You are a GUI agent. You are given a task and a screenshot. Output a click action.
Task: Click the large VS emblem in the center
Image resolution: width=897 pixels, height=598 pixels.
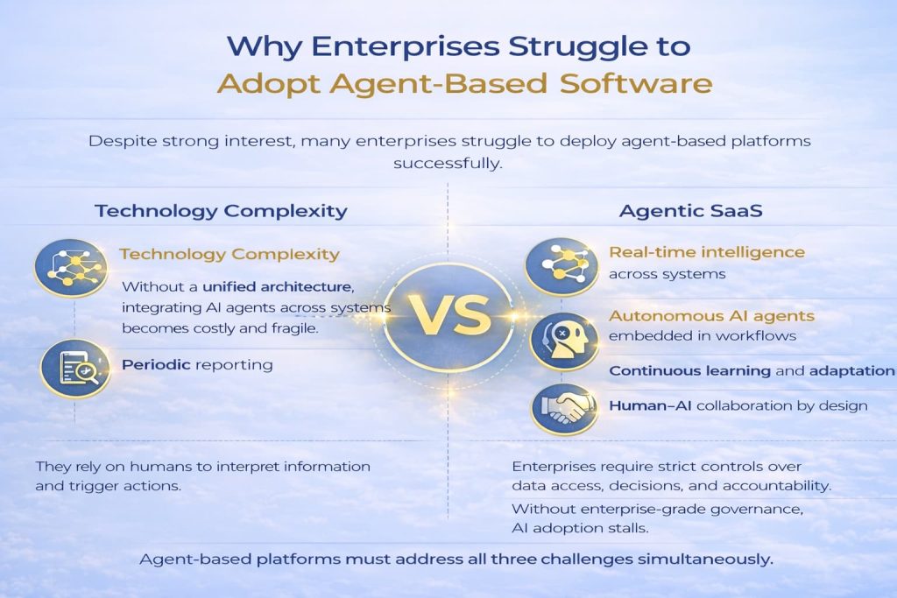coord(449,316)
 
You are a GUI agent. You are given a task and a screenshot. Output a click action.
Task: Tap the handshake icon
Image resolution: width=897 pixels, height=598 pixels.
coord(565,409)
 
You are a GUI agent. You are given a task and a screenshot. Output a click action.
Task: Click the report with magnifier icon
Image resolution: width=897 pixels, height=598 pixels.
coord(75,369)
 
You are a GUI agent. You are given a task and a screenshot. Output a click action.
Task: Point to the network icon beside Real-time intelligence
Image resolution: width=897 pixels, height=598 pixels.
coord(562,266)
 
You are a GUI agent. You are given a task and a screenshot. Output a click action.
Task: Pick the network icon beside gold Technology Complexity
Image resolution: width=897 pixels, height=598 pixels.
coord(71,268)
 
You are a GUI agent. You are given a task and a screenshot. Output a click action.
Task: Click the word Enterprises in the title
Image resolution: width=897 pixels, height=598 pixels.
coord(405,46)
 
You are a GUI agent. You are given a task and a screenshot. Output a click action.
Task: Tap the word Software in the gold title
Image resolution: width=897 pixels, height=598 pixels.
coord(636,83)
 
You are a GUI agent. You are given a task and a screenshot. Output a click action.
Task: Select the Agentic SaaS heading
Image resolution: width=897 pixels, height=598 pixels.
coord(690,211)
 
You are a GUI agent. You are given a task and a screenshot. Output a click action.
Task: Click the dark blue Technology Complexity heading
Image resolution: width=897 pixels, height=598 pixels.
coord(221,211)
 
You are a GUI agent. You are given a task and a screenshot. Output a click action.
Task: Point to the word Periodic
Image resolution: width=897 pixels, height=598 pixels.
coord(156,364)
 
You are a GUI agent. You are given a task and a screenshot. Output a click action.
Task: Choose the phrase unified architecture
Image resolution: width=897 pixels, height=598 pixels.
coord(278,285)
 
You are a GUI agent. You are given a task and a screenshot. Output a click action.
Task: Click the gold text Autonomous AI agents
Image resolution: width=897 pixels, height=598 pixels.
coord(711,315)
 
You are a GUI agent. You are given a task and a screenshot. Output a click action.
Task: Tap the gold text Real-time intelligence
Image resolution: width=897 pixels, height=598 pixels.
coord(707,252)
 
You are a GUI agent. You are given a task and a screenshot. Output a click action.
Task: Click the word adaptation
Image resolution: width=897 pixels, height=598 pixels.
coord(851,371)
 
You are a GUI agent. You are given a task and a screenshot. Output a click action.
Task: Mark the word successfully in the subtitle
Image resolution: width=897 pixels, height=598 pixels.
coord(448,164)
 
